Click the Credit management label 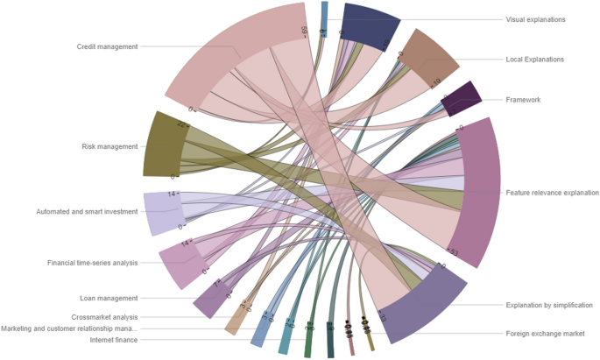107,46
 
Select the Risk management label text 109,146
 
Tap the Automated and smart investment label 87,211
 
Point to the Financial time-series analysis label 92,263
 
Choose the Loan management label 109,298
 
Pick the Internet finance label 114,340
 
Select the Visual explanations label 536,19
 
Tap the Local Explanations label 535,60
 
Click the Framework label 524,100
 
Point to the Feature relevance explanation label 553,192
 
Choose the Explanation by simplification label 549,306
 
